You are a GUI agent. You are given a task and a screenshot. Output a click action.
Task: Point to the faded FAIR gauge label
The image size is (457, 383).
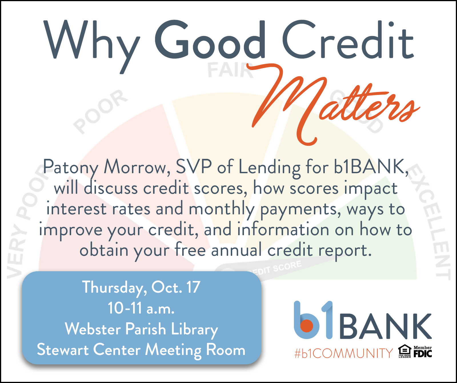tap(230, 70)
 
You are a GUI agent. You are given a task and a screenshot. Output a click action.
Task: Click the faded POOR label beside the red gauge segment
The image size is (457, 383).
tap(100, 111)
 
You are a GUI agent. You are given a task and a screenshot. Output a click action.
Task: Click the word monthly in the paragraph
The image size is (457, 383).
tap(222, 210)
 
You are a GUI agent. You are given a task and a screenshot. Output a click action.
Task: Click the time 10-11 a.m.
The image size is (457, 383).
tap(141, 308)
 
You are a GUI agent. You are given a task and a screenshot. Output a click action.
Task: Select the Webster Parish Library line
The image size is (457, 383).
tap(142, 330)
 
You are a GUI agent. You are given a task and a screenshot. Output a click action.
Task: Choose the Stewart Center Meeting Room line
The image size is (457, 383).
tap(141, 350)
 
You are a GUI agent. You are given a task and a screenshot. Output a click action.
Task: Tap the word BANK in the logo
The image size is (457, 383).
tap(385, 326)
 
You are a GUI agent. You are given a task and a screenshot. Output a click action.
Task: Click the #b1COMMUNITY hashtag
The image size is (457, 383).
tap(344, 353)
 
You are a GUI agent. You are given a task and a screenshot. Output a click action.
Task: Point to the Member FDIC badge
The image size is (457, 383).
tap(423, 352)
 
